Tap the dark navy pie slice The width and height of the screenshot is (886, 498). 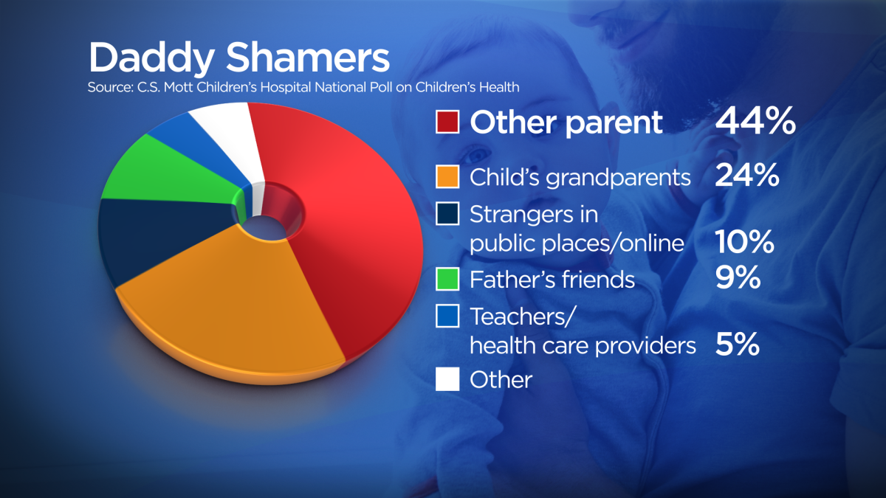tap(158, 237)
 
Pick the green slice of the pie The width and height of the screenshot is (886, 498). tap(166, 174)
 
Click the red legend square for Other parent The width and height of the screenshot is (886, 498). tap(447, 122)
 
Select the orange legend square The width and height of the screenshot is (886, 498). tap(447, 176)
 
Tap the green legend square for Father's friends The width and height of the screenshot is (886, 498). tap(447, 279)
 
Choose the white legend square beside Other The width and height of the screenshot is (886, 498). tap(447, 379)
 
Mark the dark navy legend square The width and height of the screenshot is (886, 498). tap(447, 213)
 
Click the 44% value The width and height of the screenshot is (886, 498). tap(755, 120)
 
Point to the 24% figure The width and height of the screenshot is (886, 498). tap(746, 175)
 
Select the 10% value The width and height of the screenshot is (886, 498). tap(744, 241)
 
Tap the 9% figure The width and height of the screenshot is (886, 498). tap(738, 277)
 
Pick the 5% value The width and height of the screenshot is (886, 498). tap(738, 344)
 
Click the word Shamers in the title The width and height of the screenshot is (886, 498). tap(308, 58)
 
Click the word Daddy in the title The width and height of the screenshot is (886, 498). tap(152, 59)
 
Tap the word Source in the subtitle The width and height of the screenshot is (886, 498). tap(109, 87)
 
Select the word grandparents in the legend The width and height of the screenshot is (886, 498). tap(618, 179)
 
